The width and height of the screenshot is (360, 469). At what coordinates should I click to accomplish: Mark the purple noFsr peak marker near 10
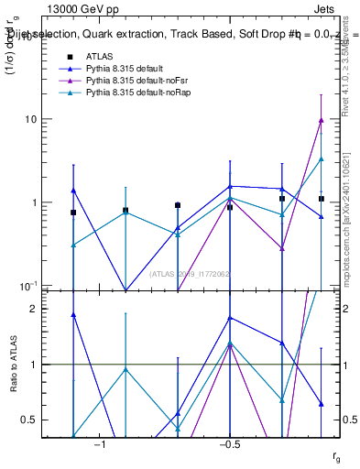[x=321, y=119]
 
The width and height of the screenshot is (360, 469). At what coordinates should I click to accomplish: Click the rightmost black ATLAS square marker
[x=322, y=199]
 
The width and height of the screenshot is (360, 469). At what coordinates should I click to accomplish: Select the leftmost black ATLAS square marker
[x=73, y=213]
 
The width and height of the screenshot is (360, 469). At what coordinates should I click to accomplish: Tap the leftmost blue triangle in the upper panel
[x=73, y=191]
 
